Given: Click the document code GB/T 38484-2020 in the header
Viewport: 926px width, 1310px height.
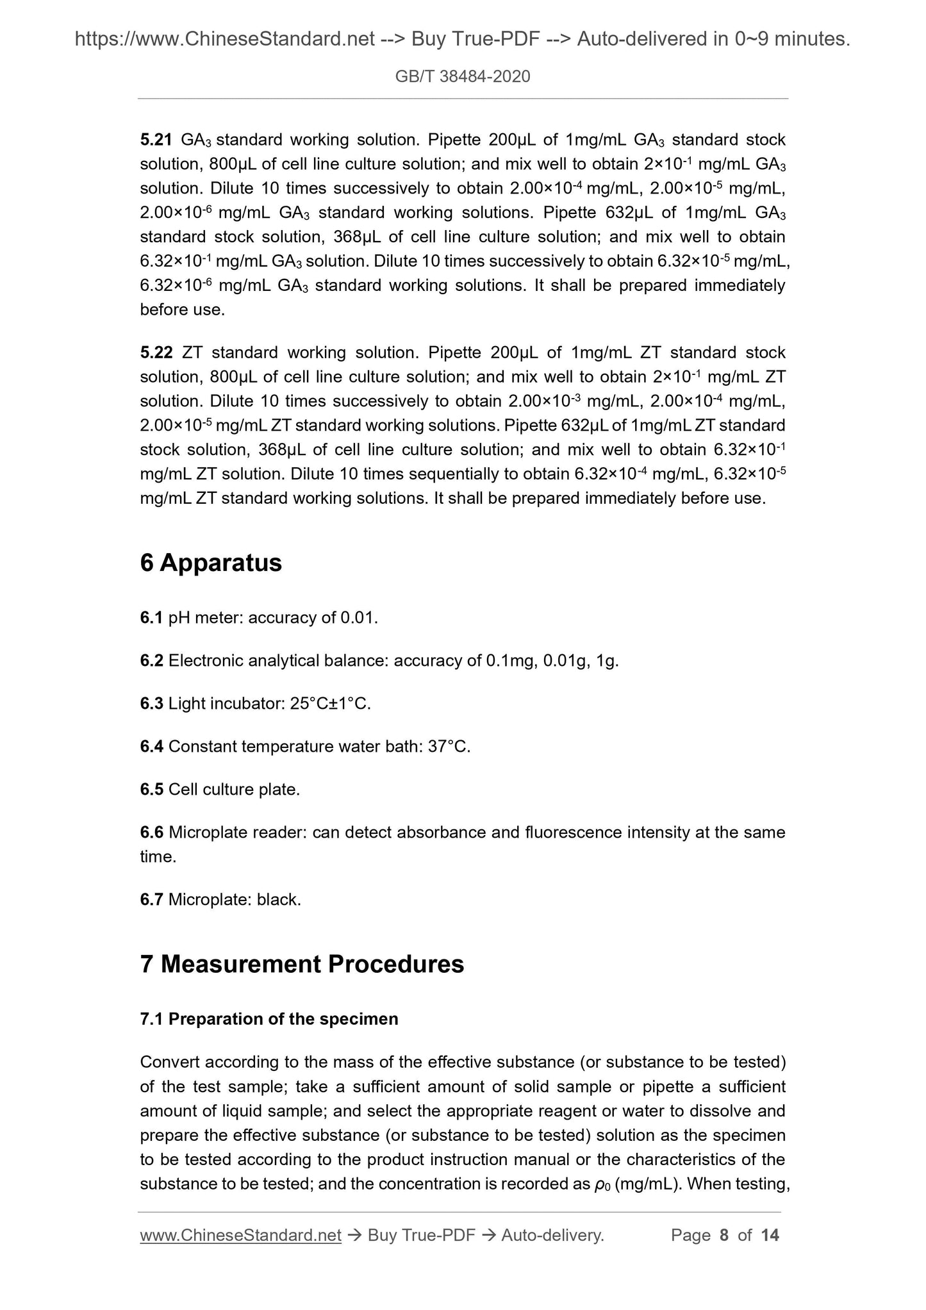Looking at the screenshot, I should [x=463, y=77].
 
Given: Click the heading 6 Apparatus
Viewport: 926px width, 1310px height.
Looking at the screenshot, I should [x=211, y=563].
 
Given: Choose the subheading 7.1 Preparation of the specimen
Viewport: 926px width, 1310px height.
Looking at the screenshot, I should [x=269, y=1019].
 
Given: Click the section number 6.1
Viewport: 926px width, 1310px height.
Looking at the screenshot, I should [x=151, y=618].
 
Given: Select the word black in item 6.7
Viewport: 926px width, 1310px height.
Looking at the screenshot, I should [x=278, y=900].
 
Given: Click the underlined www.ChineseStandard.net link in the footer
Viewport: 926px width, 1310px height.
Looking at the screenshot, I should [x=240, y=1236].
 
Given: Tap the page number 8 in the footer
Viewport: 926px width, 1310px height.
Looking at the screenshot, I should [x=724, y=1236].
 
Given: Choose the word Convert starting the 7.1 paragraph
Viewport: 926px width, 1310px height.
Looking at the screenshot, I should [x=169, y=1063].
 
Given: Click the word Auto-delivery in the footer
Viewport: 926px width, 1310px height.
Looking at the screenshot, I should [x=552, y=1236].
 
